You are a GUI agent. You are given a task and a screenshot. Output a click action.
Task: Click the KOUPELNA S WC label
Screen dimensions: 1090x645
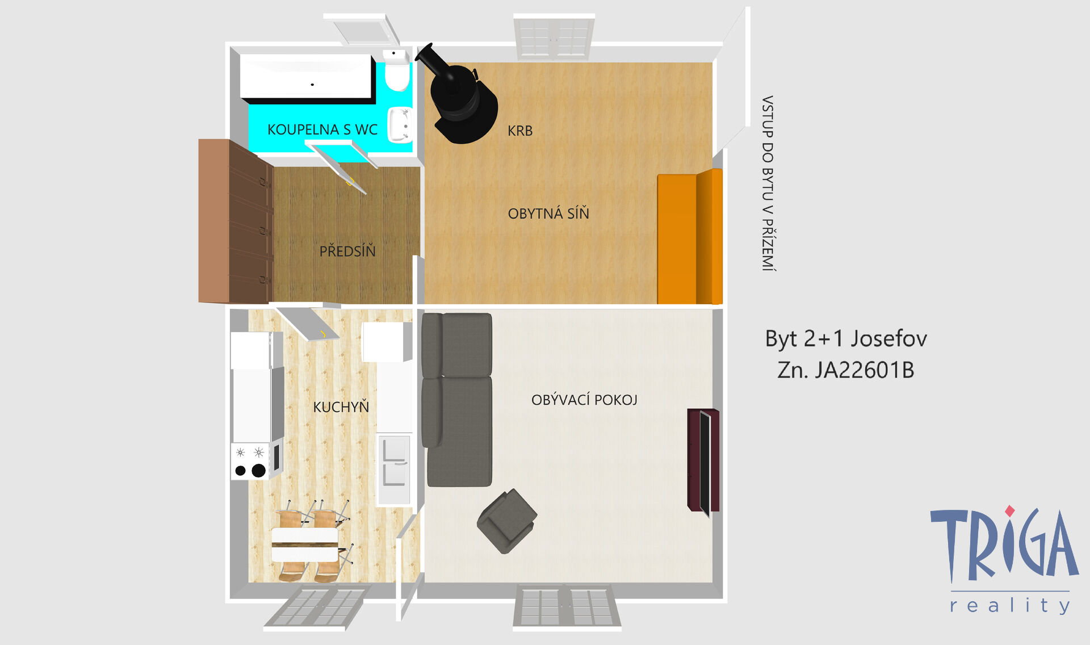[322, 129]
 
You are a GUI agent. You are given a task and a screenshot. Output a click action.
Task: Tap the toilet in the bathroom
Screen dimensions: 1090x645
[396, 70]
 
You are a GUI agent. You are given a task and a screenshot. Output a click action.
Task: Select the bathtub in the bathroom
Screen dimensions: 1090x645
[307, 77]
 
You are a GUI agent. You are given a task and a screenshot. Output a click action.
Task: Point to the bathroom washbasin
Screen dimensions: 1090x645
[400, 125]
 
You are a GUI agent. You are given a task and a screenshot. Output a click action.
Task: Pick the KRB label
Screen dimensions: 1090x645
[520, 131]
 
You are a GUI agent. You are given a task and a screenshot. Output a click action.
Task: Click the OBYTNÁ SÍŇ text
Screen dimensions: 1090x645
[548, 213]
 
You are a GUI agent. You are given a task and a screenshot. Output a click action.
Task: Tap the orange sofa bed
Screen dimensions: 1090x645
[690, 236]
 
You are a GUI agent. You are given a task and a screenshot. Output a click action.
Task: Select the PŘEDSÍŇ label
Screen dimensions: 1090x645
[347, 250]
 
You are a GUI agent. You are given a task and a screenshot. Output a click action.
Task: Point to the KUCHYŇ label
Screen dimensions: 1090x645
[341, 407]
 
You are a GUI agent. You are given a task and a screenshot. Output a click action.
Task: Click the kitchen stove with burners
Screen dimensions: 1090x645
[255, 460]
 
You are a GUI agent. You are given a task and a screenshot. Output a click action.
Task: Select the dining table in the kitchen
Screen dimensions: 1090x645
[305, 545]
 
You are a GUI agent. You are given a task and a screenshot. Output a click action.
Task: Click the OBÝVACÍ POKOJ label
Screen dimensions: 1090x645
[584, 400]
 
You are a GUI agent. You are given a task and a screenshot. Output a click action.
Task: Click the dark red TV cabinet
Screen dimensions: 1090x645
[703, 460]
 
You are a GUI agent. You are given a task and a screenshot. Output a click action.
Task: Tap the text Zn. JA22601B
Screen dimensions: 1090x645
[846, 370]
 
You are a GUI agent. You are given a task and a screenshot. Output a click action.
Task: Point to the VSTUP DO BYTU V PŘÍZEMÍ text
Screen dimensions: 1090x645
[768, 183]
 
